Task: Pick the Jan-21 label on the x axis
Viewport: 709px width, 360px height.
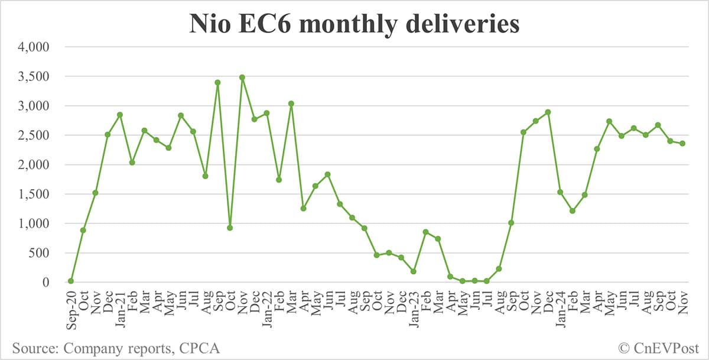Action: click(x=119, y=307)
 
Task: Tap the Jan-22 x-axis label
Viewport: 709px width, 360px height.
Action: click(x=266, y=307)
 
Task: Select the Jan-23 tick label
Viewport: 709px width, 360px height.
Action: click(x=414, y=307)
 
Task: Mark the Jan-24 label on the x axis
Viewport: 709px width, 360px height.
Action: click(x=560, y=307)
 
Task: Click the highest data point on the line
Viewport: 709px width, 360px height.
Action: click(x=242, y=77)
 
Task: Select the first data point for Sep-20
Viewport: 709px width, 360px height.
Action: click(x=71, y=281)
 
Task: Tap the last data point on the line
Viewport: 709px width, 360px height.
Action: click(x=683, y=143)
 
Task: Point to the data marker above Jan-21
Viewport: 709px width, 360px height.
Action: click(x=120, y=115)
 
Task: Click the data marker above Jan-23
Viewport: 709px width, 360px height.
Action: click(x=414, y=271)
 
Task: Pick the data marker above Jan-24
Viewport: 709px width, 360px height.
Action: click(x=560, y=192)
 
